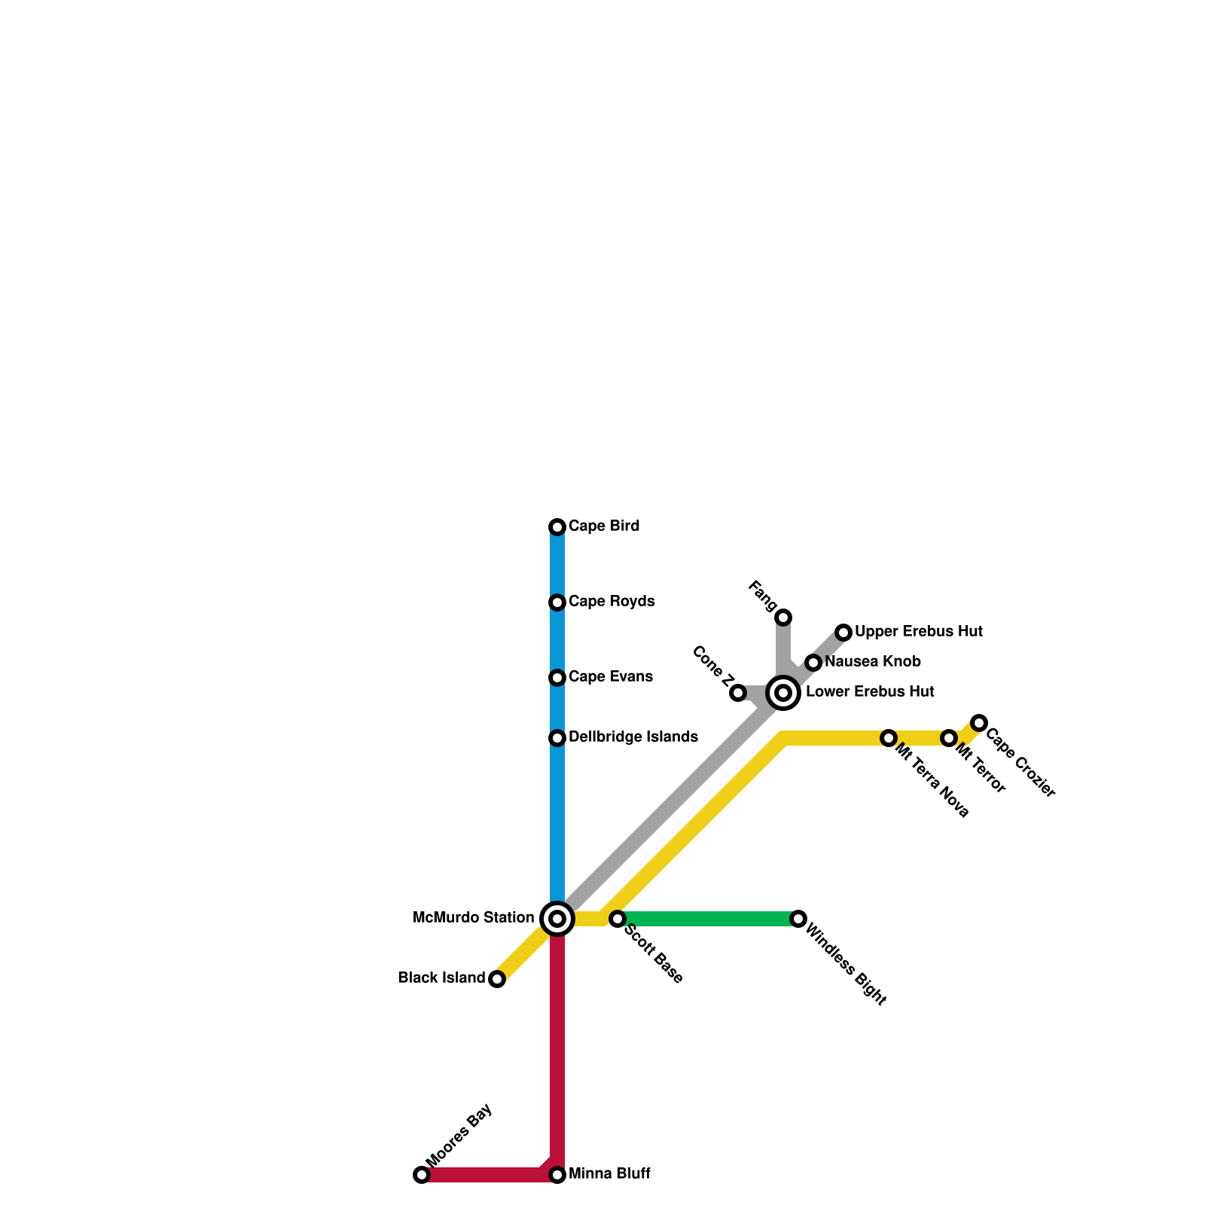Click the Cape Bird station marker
tap(557, 527)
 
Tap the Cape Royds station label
tap(612, 602)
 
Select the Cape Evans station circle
tap(557, 678)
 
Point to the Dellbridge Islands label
tap(633, 737)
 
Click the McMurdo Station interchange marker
tap(557, 919)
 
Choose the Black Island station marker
tap(497, 979)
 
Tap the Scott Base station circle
tap(618, 919)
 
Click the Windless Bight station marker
tap(798, 919)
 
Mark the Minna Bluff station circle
tap(557, 1175)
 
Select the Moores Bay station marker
tap(422, 1175)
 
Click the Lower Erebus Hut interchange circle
tap(783, 693)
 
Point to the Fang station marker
tap(783, 618)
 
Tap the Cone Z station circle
tap(738, 693)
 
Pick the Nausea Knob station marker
tap(813, 663)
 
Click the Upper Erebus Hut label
tap(918, 632)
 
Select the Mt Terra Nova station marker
tap(889, 738)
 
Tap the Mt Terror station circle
tap(949, 738)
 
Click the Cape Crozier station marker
tap(979, 723)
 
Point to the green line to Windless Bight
tap(708, 919)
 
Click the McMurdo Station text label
tap(474, 918)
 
